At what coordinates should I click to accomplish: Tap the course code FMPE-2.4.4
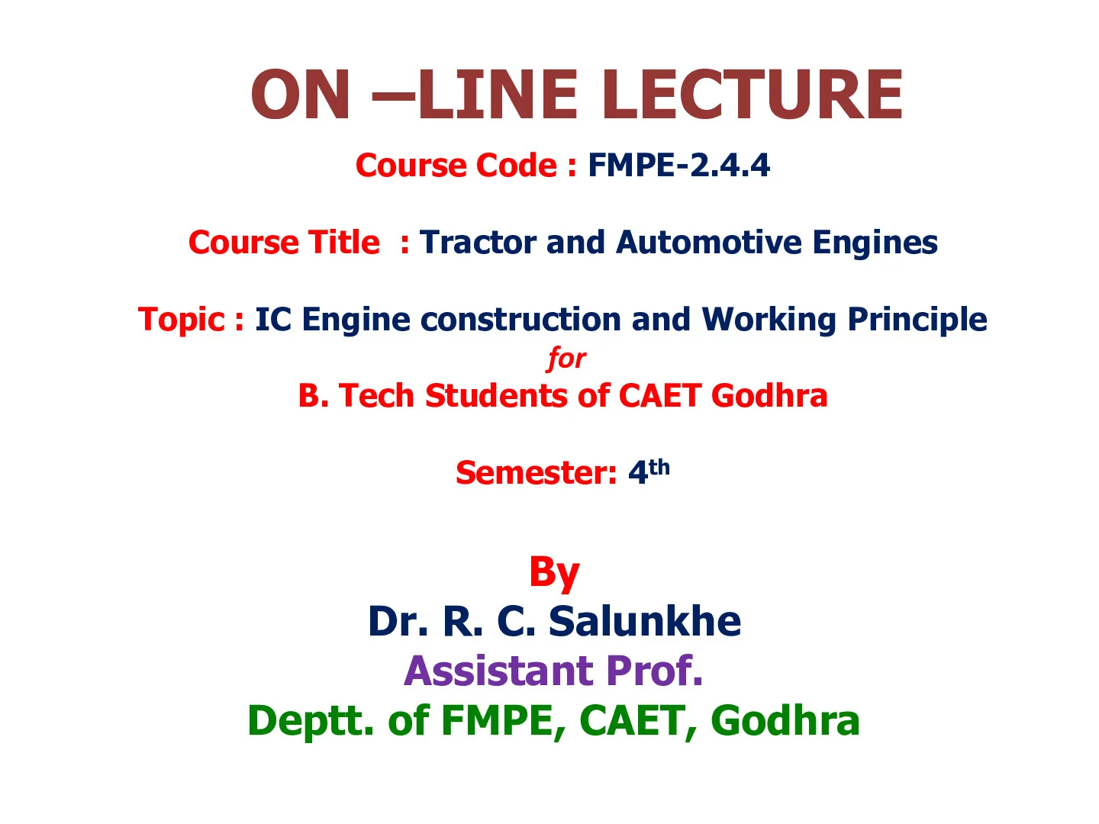pos(678,165)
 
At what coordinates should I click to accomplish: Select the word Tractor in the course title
pos(479,243)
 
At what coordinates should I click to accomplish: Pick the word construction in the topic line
pos(520,320)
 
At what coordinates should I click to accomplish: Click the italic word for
pos(566,359)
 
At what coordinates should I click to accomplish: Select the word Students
pos(495,396)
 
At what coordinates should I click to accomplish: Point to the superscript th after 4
pos(659,467)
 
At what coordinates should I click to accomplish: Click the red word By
pos(554,573)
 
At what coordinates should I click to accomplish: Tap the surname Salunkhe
pos(645,621)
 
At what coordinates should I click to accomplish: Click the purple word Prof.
pos(654,671)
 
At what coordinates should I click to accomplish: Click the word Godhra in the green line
pos(785,721)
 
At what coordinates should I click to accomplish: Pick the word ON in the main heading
pos(300,95)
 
